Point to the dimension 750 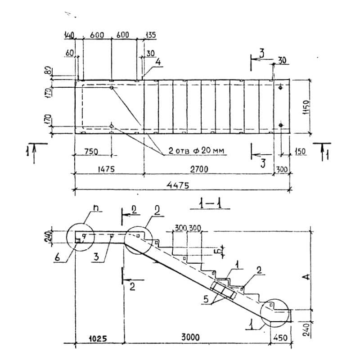pos(91,152)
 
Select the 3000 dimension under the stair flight pos(191,337)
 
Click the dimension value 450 pos(279,337)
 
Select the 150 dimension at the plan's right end pos(300,152)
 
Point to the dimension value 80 pos(48,71)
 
